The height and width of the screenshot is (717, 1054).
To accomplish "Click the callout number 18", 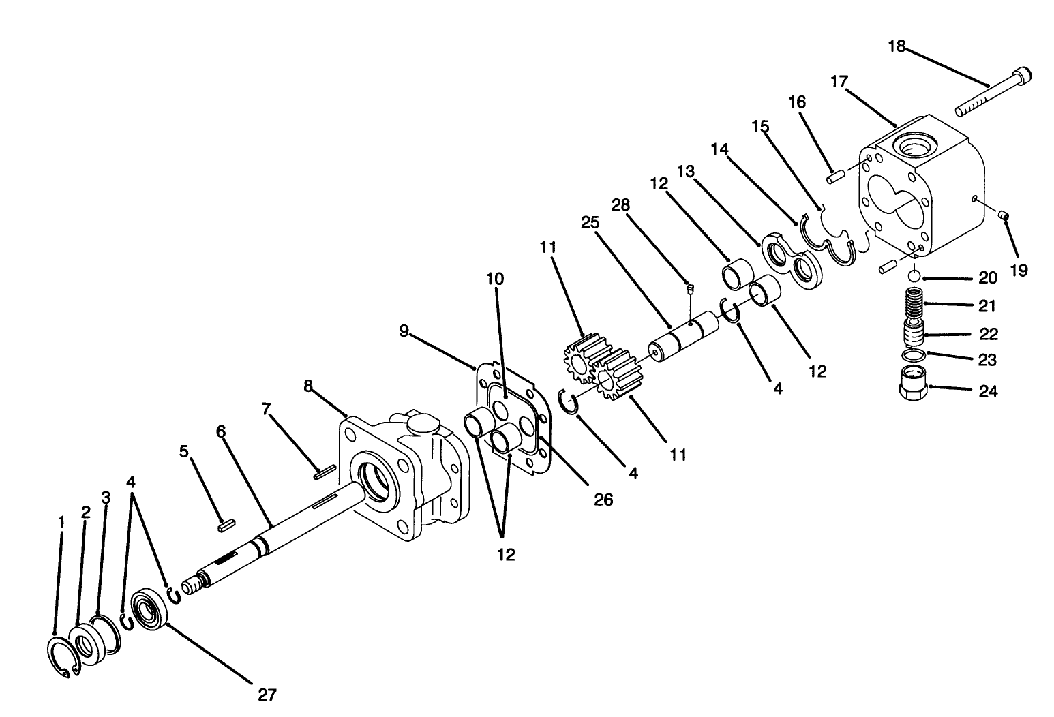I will [897, 46].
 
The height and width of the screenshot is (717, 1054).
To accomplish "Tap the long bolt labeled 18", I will [993, 91].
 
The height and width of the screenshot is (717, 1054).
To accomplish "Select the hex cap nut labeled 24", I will [912, 384].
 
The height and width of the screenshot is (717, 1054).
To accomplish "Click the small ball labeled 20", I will [914, 276].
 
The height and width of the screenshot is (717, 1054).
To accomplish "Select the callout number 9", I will [404, 331].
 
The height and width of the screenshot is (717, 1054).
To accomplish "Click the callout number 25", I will [590, 222].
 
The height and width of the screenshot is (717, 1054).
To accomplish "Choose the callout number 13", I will [685, 171].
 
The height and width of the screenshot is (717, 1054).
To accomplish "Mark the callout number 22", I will [988, 334].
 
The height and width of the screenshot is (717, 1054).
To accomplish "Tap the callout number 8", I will [308, 386].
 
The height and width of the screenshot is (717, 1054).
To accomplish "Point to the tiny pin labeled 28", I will [689, 289].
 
